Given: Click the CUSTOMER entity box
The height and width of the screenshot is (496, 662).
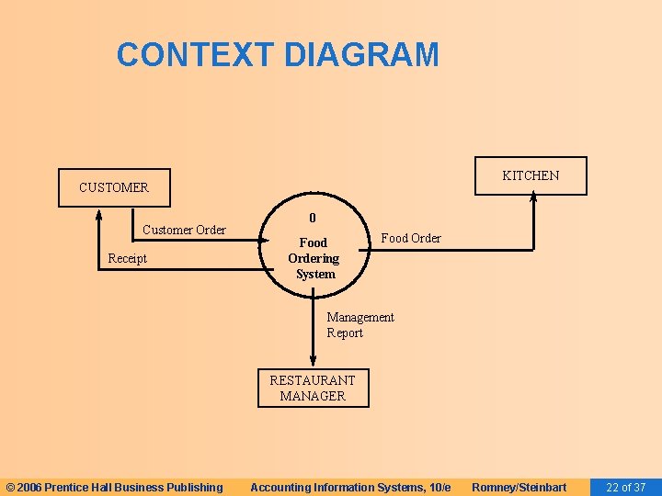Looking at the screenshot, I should [x=114, y=187].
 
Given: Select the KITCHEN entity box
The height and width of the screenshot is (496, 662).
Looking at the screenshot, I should [x=531, y=175].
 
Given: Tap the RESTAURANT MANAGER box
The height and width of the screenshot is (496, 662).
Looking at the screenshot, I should [x=313, y=388].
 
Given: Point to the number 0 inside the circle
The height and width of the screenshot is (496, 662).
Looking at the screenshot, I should [x=313, y=219].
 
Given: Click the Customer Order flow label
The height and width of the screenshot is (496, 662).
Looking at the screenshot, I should [x=184, y=230].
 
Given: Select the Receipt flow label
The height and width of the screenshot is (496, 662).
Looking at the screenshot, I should [x=127, y=258].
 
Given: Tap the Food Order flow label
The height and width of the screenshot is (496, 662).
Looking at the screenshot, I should [x=411, y=238].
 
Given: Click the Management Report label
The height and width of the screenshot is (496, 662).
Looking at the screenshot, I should [x=360, y=325].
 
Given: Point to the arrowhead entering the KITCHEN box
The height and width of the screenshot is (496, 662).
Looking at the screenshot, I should [x=531, y=201].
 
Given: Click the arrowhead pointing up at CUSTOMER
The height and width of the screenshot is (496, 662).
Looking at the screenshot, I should [x=99, y=214].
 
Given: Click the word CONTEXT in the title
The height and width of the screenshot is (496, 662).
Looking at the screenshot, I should [x=195, y=55].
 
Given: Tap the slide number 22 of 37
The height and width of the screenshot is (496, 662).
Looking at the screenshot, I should [x=625, y=487].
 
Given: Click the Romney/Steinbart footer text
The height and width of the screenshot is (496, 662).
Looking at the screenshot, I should [x=519, y=487].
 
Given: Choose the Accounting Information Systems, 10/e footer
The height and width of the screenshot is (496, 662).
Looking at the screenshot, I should [x=350, y=487].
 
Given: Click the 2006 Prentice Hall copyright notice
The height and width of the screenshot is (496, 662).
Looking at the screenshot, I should [x=114, y=487].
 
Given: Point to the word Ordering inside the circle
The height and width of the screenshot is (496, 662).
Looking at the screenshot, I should [x=314, y=258].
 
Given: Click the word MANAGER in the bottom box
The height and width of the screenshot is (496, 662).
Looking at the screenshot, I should [x=313, y=396].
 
